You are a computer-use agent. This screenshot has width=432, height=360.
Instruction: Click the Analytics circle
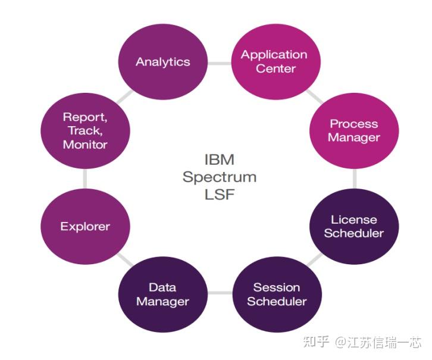point(162,62)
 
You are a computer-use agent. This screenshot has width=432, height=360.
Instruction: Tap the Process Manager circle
point(355,130)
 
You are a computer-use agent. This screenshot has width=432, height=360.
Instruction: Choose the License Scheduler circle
point(355,227)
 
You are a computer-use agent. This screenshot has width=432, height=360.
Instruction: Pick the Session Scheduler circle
point(277,294)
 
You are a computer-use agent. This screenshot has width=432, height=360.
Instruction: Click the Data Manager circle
point(162,294)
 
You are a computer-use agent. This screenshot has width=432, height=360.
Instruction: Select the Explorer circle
point(85,227)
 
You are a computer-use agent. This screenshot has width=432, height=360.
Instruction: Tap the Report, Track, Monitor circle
point(85,130)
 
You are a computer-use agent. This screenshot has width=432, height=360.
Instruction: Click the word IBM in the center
point(219,160)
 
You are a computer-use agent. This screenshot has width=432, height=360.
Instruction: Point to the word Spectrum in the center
point(220,177)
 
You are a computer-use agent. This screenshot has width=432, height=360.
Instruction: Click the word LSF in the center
point(219,193)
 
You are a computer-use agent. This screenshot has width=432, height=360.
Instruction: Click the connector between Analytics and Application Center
point(219,62)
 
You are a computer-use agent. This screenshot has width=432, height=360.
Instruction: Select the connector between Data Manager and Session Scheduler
point(220,293)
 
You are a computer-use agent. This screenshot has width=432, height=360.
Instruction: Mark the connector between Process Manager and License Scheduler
point(355,179)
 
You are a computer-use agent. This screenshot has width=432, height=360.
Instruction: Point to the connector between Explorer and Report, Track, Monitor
point(85,178)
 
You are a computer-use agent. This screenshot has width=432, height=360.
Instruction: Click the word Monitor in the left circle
point(85,145)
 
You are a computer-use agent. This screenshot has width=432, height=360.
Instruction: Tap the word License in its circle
point(354,220)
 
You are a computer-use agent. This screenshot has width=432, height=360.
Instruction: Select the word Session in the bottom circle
point(277,287)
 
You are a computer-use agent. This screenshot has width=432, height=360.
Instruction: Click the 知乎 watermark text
point(316,342)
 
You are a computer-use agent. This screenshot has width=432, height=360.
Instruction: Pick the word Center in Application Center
point(276,68)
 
